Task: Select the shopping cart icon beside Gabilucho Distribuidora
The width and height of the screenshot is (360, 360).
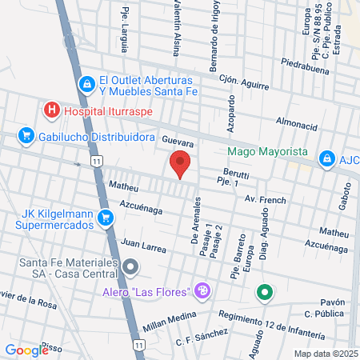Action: tap(26, 137)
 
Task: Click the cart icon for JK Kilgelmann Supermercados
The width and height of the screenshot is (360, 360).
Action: tap(105, 218)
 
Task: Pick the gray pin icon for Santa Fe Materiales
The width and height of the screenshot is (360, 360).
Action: tap(130, 266)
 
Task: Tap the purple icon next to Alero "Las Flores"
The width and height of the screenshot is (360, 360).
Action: tap(203, 290)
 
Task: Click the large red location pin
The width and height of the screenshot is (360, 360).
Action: tap(181, 164)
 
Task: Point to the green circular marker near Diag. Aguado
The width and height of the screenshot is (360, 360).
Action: tap(265, 294)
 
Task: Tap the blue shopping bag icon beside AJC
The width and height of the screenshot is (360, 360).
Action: tap(326, 159)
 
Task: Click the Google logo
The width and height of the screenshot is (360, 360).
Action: tap(26, 350)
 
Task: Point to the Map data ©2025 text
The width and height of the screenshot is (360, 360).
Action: tap(325, 353)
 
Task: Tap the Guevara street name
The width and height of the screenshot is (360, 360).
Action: tap(179, 140)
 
